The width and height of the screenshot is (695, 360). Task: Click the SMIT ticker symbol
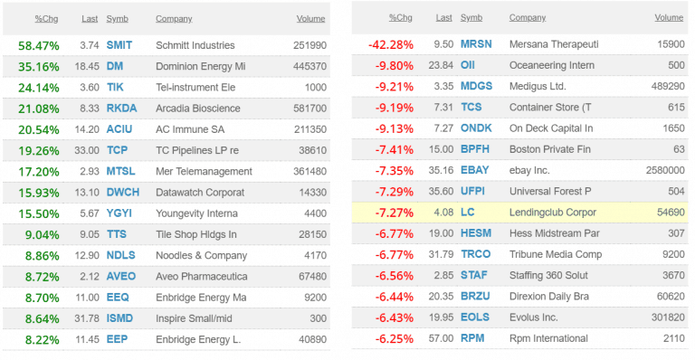click(x=119, y=45)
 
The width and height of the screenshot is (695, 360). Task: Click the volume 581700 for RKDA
click(x=309, y=108)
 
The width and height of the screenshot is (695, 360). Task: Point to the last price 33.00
click(x=87, y=150)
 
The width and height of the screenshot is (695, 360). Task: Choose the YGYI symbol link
click(x=119, y=213)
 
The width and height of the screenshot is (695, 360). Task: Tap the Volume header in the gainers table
click(x=310, y=18)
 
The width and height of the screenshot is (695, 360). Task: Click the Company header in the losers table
click(x=527, y=18)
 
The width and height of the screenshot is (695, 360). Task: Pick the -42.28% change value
click(x=391, y=45)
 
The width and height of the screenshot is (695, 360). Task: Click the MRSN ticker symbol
click(x=476, y=45)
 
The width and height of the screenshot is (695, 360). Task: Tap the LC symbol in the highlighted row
click(x=466, y=213)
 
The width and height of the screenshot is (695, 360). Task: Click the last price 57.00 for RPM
click(x=442, y=339)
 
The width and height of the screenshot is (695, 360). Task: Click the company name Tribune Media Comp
click(x=556, y=255)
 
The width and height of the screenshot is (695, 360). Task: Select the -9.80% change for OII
click(x=395, y=66)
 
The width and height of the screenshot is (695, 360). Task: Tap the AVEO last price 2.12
click(x=90, y=276)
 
